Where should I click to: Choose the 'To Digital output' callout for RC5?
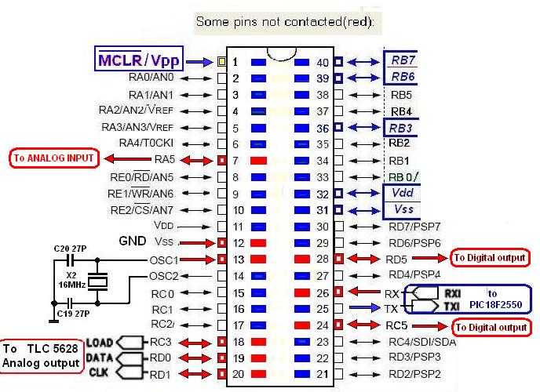(x=491, y=326)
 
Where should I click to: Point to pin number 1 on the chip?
(x=234, y=61)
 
